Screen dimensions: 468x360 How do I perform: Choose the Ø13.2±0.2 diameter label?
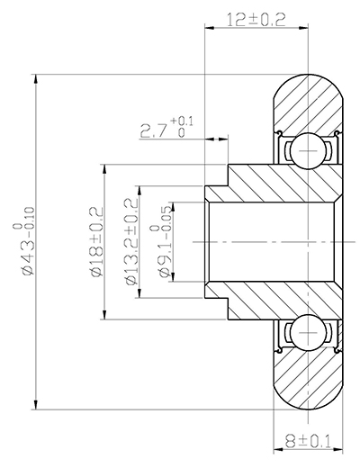click(x=132, y=242)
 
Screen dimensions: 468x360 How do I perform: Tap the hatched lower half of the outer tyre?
click(x=310, y=382)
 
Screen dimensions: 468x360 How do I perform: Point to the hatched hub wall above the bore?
click(x=274, y=184)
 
